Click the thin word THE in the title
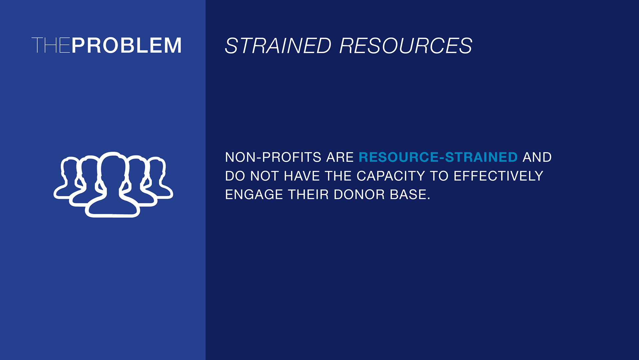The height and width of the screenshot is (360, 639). click(x=51, y=45)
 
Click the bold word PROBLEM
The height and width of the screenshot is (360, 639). click(x=126, y=45)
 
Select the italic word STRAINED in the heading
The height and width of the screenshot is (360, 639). click(x=278, y=46)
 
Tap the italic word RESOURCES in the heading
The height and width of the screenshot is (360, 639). click(x=406, y=46)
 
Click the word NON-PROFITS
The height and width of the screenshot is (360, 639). click(x=273, y=157)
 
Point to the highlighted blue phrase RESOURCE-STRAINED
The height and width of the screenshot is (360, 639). click(x=438, y=157)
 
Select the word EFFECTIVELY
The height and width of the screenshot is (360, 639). click(x=498, y=176)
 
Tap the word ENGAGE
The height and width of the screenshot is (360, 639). click(x=254, y=194)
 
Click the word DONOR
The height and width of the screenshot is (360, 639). click(x=359, y=194)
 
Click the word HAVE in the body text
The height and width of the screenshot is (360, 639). click(x=302, y=176)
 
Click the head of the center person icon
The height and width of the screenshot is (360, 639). click(x=113, y=168)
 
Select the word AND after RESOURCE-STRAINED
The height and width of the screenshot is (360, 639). click(x=537, y=157)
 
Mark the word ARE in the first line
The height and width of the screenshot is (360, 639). click(x=340, y=157)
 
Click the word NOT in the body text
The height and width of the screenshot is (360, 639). click(x=265, y=176)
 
